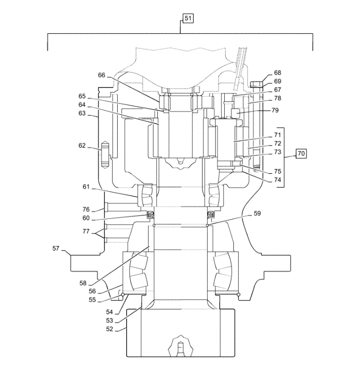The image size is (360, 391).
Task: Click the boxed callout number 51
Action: tap(188, 19)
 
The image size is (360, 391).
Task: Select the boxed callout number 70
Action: tap(301, 153)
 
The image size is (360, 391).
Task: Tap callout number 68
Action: tap(278, 73)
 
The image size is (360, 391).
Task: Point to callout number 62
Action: tap(82, 146)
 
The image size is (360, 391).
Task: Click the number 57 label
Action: tap(56, 248)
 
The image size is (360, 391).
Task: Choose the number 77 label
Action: tap(86, 231)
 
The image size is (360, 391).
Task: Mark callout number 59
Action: tap(257, 213)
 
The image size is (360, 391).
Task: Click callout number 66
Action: tap(102, 75)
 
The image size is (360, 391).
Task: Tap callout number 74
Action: tap(278, 180)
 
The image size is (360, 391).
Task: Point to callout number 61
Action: tap(86, 187)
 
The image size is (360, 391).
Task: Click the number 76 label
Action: tap(86, 209)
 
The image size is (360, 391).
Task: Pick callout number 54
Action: tap(110, 312)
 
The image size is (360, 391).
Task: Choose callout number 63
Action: tap(82, 113)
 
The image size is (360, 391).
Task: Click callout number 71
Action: tap(278, 135)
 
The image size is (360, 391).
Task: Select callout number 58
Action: tap(83, 283)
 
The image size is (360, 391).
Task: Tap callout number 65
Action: tap(82, 96)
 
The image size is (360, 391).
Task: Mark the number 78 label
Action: tap(278, 98)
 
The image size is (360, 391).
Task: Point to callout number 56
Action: tap(92, 291)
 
